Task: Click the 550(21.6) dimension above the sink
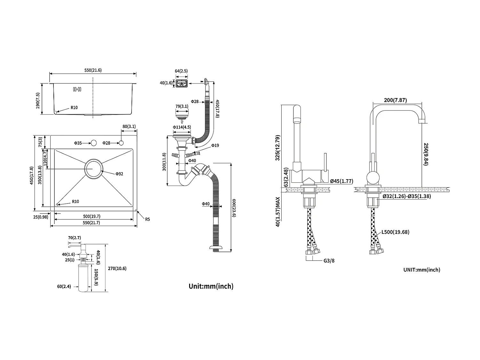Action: coord(92,70)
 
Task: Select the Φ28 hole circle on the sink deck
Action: coord(122,143)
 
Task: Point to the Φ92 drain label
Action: coord(119,174)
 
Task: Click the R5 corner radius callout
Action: coord(147,219)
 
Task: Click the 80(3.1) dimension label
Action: coord(129,126)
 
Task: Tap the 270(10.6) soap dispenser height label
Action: coord(117,268)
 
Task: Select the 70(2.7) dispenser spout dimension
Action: coord(74,238)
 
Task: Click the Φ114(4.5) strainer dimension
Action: coord(182,127)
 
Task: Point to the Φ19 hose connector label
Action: coord(215,146)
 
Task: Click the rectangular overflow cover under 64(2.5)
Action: coord(181,84)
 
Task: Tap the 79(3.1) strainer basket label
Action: coord(182,106)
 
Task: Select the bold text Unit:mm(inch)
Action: coord(211,286)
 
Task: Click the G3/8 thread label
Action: coord(329,260)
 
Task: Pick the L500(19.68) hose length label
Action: coord(395,232)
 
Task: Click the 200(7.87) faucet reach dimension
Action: coord(395,100)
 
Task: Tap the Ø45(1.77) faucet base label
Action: coord(341,181)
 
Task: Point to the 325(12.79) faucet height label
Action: coord(278,148)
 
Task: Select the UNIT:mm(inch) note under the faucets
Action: coord(421,270)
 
